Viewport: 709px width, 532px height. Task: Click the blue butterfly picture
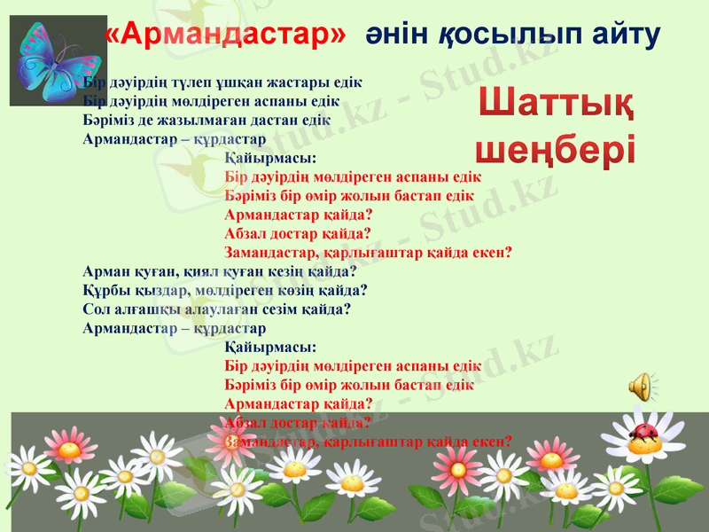[46, 60]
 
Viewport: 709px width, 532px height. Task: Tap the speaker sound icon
[643, 387]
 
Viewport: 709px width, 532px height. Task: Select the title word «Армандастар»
[225, 34]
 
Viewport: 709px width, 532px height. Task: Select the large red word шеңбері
[556, 147]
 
